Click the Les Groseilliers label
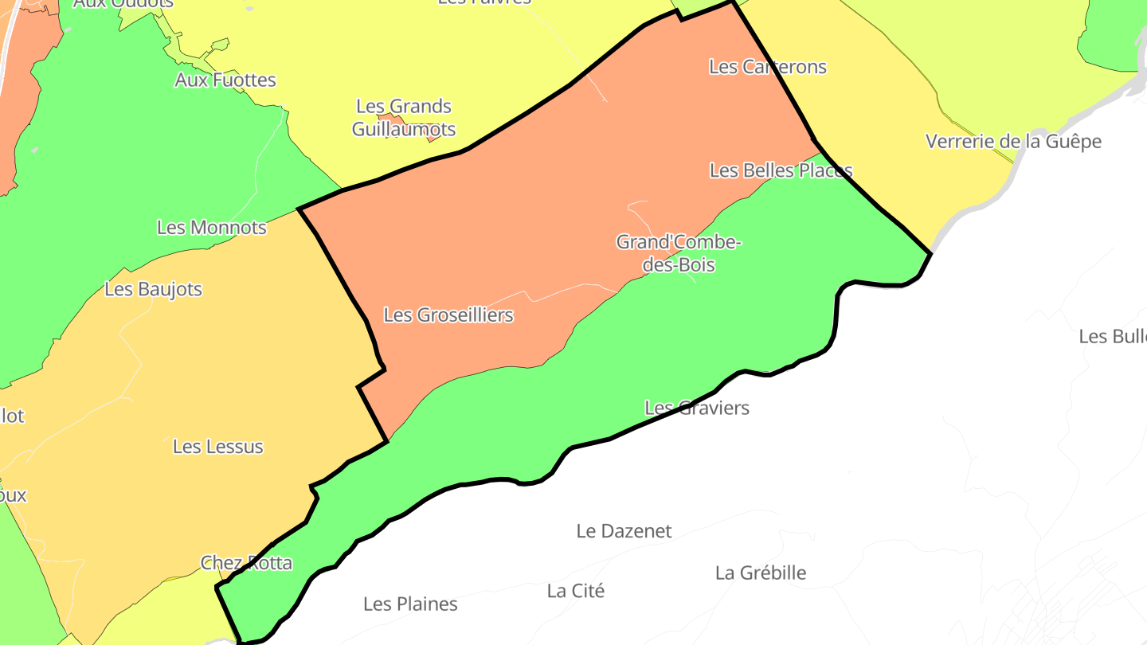[448, 315]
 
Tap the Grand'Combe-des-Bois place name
[679, 252]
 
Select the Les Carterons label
[768, 67]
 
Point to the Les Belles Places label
[781, 170]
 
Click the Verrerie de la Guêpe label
[1013, 142]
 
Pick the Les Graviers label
[697, 408]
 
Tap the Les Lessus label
[218, 447]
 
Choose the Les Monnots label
[212, 228]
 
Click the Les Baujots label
[154, 289]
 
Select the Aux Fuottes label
[225, 80]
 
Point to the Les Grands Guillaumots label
[404, 117]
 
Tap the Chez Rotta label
[246, 563]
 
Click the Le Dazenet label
[624, 531]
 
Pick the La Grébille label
[761, 573]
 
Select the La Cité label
[576, 591]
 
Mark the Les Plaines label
[410, 604]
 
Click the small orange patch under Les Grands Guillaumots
[433, 138]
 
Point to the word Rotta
[271, 563]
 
